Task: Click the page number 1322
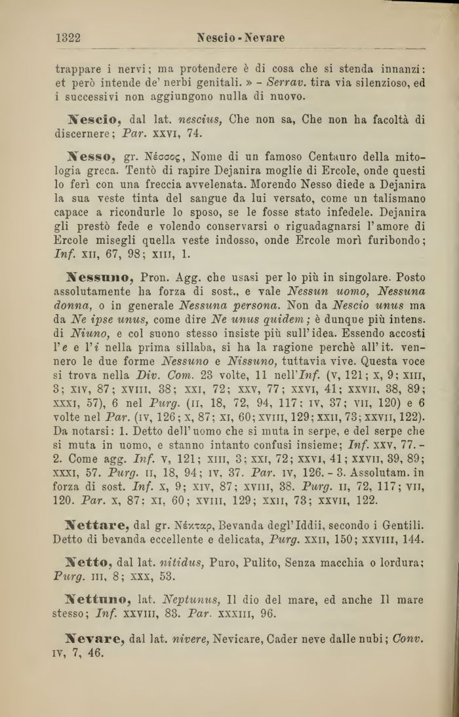click(x=68, y=37)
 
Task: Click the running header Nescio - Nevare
click(x=241, y=38)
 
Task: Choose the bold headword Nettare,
click(x=98, y=525)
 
